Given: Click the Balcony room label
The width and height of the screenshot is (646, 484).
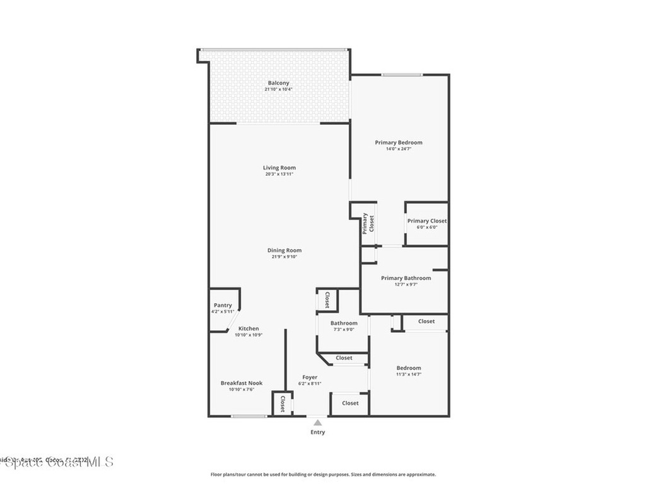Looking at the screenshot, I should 278,83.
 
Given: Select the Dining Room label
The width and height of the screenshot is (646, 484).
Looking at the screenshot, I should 285,250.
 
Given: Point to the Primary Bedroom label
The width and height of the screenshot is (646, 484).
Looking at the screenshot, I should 399,142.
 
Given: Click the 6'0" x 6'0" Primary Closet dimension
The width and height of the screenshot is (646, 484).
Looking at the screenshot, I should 426,228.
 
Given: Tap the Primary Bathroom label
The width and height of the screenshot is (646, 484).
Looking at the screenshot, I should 406,278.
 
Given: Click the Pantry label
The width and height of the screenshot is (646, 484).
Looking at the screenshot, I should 223,306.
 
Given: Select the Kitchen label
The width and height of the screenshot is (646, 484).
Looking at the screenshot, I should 248,329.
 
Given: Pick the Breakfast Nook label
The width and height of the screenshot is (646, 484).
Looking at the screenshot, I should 241,383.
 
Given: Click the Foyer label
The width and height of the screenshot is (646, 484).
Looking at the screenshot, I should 310,377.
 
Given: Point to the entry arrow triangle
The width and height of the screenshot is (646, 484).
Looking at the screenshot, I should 318,423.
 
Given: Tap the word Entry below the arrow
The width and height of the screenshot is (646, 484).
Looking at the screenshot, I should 318,432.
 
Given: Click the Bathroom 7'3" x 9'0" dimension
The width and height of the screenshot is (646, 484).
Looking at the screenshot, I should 343,330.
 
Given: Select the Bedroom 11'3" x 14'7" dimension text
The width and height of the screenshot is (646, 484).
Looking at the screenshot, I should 408,374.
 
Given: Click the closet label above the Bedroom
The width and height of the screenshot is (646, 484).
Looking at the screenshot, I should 426,321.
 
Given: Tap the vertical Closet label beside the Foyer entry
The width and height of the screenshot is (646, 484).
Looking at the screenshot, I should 283,403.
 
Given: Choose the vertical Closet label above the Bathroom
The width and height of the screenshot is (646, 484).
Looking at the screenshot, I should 327,300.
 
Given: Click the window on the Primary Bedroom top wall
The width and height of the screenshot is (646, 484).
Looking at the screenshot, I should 401,75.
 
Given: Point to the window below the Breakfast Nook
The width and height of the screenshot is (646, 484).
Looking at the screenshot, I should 248,416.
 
